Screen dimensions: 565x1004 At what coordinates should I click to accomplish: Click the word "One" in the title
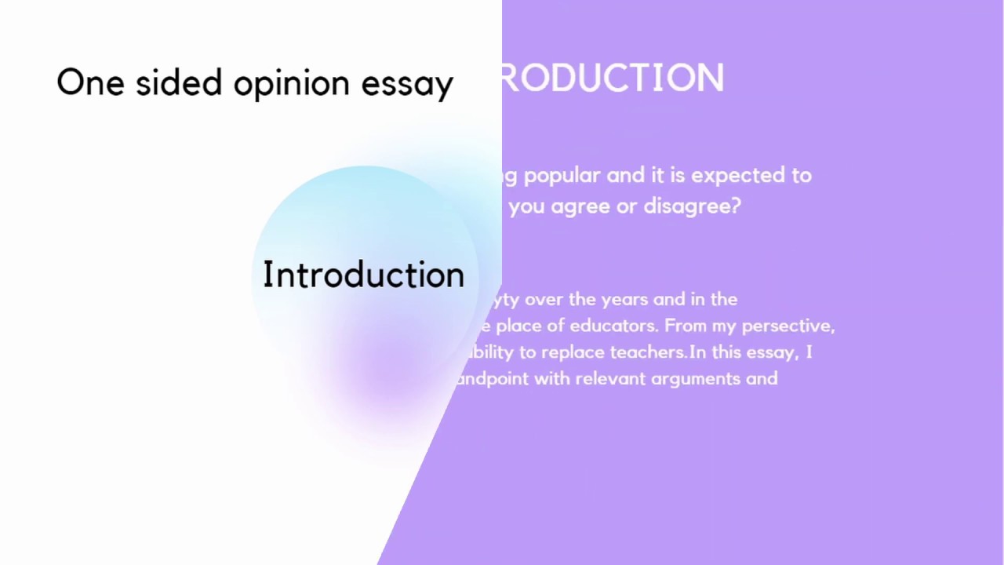point(90,83)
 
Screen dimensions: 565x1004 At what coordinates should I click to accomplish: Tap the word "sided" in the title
point(179,83)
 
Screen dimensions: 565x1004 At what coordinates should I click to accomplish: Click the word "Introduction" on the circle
point(363,275)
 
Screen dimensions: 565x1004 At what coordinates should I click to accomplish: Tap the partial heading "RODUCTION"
point(612,78)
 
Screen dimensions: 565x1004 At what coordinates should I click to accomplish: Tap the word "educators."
point(617,326)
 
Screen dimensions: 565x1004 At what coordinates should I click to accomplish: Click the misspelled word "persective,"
point(788,326)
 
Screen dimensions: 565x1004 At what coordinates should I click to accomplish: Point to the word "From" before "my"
point(689,326)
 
